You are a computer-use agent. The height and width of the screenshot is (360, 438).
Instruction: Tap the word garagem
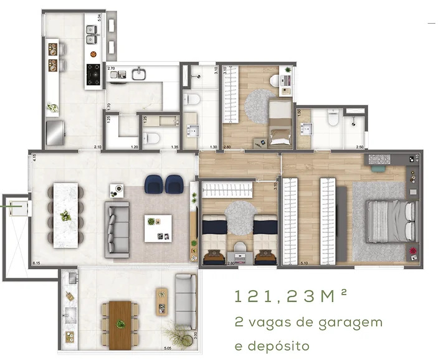tap(351, 323)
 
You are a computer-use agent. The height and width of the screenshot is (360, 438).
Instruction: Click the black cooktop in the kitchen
tap(94, 73)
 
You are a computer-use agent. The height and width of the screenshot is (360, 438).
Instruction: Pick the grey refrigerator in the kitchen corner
tap(55, 131)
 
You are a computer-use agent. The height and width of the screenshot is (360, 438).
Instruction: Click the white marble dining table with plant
tap(65, 215)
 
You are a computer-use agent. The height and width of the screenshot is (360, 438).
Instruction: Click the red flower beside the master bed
tap(412, 252)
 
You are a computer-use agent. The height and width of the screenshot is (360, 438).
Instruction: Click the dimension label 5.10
tap(287, 263)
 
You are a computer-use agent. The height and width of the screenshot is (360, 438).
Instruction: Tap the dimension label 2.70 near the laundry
tap(111, 67)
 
